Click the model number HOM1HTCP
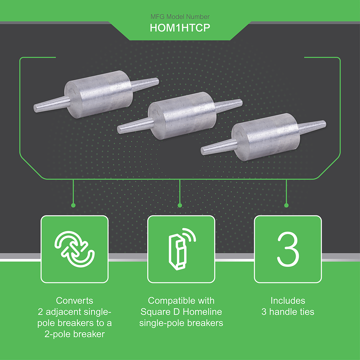click(x=180, y=28)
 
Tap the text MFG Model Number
click(x=180, y=17)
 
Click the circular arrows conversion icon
click(x=74, y=249)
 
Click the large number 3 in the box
click(x=288, y=249)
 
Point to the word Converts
click(x=75, y=301)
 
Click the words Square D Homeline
click(x=181, y=311)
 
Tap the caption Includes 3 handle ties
click(x=288, y=306)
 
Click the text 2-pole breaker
click(x=75, y=334)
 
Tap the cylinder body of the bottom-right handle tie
click(x=266, y=137)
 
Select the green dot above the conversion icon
click(x=73, y=205)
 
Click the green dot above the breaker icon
click(x=180, y=205)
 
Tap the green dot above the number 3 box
click(x=286, y=205)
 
